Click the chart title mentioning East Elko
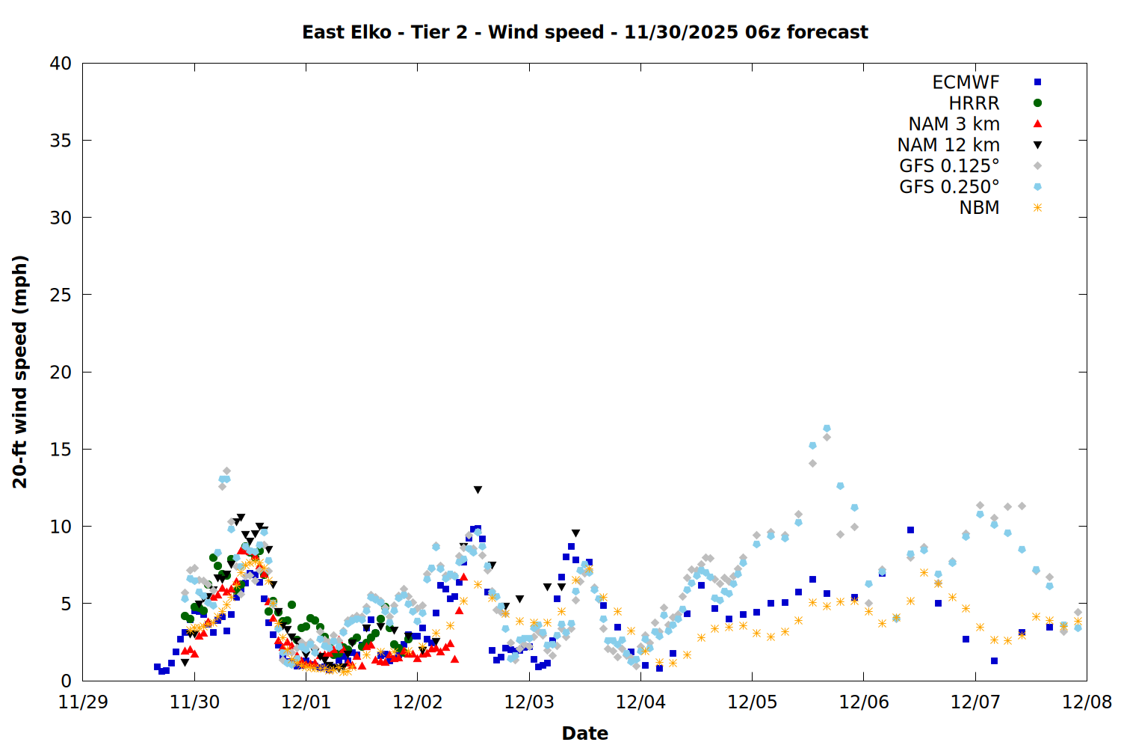(x=584, y=32)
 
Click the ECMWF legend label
(x=966, y=82)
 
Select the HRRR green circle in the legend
(x=1037, y=103)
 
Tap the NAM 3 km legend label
(x=954, y=124)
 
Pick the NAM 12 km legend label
(x=948, y=145)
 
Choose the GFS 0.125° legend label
(x=949, y=166)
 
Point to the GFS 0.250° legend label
(x=949, y=187)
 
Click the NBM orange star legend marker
(x=1037, y=208)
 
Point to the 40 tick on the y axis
(x=61, y=64)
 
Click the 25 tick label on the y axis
(x=61, y=295)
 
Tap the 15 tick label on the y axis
(x=61, y=450)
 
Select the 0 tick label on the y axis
(x=67, y=681)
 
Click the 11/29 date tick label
(x=82, y=702)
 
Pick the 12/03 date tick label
(x=529, y=702)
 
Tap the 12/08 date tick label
(x=1087, y=702)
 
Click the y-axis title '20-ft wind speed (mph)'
(x=20, y=372)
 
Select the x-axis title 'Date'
(x=584, y=733)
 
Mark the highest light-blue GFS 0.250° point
(x=827, y=429)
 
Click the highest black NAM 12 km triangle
(x=478, y=490)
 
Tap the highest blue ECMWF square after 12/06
(x=910, y=530)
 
